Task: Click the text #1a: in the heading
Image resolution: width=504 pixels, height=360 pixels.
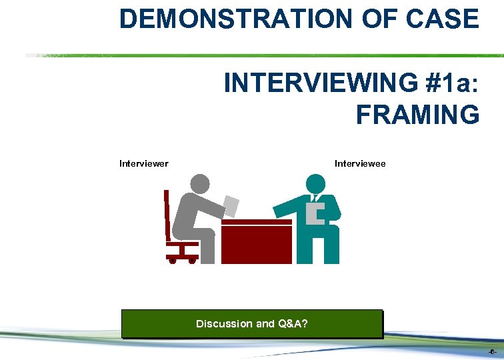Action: (437, 84)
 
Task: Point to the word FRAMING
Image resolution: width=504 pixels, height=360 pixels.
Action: (417, 114)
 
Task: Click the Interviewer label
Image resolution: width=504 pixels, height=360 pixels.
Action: (143, 163)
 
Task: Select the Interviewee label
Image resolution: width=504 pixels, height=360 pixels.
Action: (360, 163)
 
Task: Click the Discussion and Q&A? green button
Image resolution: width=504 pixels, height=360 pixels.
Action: (252, 324)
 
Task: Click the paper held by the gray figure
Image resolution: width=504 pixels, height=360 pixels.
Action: (231, 205)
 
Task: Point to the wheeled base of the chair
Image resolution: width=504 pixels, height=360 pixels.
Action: (182, 257)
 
